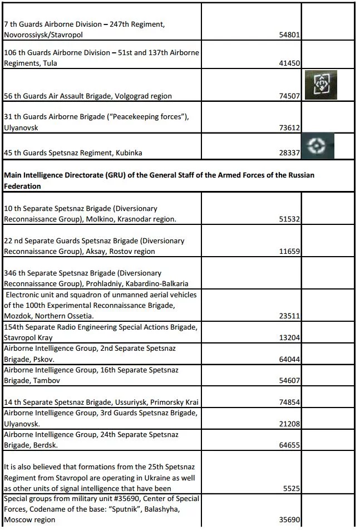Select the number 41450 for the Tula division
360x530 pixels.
pyautogui.click(x=290, y=63)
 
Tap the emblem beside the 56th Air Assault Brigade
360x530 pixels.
pyautogui.click(x=319, y=85)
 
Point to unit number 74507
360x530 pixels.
pyautogui.click(x=290, y=96)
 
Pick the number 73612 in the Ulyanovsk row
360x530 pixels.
pyautogui.click(x=290, y=127)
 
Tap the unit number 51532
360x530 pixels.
pyautogui.click(x=290, y=219)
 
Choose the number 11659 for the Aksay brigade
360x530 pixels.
pyautogui.click(x=290, y=251)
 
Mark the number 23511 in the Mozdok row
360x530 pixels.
pyautogui.click(x=290, y=316)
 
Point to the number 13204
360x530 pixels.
pyautogui.click(x=290, y=337)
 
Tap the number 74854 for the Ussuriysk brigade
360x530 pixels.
pyautogui.click(x=290, y=403)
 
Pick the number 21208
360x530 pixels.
pyautogui.click(x=290, y=424)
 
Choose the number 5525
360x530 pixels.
pyautogui.click(x=292, y=488)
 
